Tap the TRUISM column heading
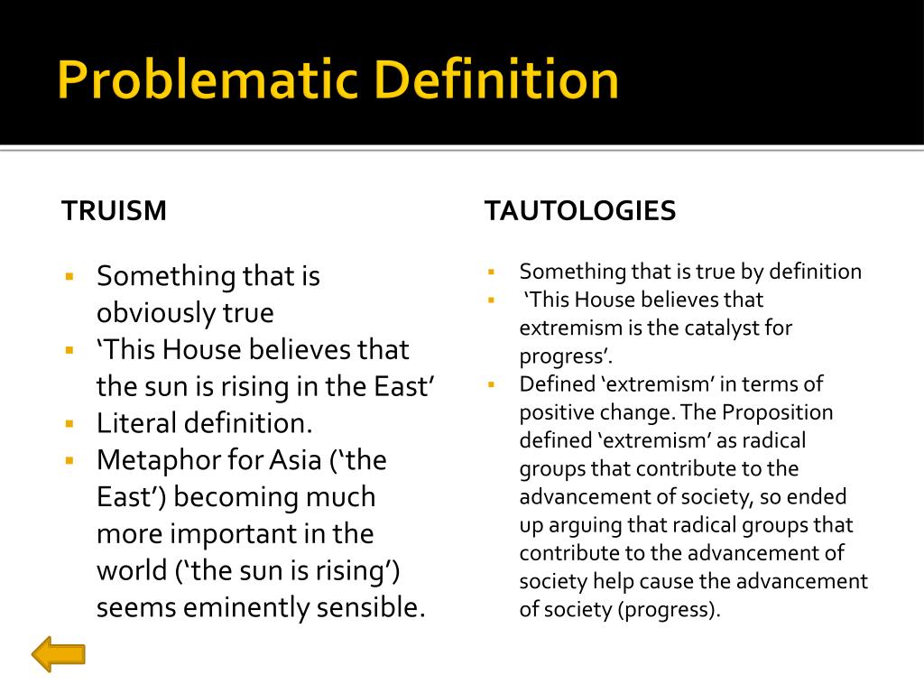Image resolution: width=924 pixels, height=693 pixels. (x=114, y=211)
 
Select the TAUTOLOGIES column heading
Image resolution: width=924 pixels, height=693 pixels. (x=580, y=211)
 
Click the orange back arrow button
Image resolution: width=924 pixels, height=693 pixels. (x=59, y=653)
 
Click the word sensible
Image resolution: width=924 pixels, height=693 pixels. (x=370, y=608)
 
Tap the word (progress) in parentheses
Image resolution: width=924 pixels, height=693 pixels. (x=669, y=609)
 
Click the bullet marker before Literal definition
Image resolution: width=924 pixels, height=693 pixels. (x=69, y=423)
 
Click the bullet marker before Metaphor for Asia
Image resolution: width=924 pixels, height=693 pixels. (x=69, y=460)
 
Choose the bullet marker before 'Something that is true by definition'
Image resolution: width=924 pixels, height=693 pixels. (x=492, y=272)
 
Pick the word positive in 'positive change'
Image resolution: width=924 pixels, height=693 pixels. (x=553, y=412)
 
